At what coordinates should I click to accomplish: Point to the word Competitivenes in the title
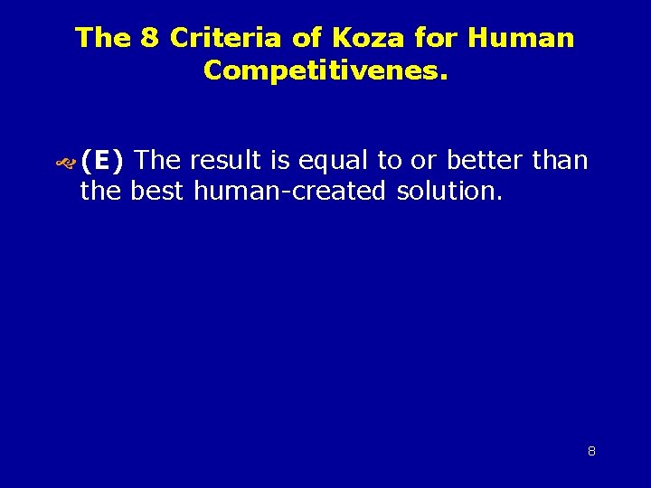click(321, 70)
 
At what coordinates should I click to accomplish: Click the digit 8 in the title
click(149, 38)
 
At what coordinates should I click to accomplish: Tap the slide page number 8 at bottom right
click(591, 451)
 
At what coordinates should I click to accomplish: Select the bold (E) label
click(102, 162)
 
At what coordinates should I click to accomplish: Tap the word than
click(561, 161)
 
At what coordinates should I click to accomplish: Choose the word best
click(158, 192)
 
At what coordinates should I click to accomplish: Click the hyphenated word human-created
click(289, 192)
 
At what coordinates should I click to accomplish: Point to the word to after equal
click(390, 162)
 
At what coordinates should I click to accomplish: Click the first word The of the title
click(104, 38)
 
